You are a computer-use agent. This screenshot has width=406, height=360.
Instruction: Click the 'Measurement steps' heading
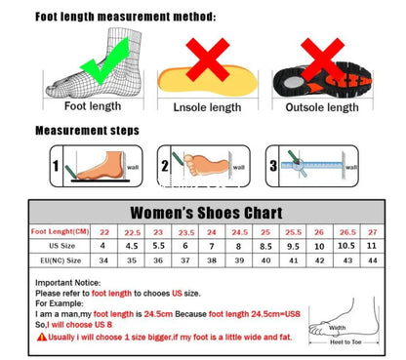[x=87, y=131]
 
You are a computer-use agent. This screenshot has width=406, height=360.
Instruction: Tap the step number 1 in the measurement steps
[x=56, y=167]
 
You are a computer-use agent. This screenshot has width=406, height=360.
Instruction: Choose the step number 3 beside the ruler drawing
[x=273, y=167]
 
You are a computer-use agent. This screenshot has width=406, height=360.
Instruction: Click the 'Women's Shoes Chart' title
[x=206, y=212]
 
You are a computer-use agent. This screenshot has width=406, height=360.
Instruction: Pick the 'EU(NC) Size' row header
[x=60, y=262]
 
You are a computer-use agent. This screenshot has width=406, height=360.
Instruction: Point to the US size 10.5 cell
[x=345, y=247]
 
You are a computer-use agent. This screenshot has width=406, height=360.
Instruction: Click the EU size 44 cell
[x=371, y=262]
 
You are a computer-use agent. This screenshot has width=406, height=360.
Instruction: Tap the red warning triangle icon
[x=40, y=336]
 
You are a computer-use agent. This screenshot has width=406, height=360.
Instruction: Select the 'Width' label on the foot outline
[x=338, y=328]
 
